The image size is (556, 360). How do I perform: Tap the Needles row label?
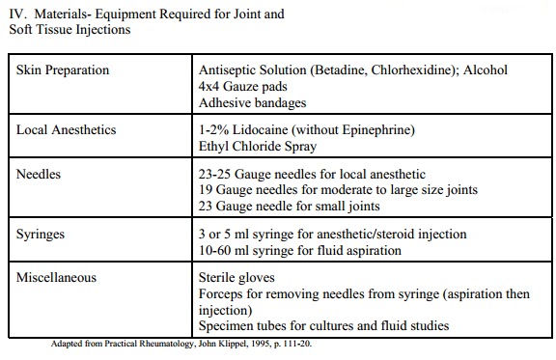(40, 174)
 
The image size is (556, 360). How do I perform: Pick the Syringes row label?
(42, 235)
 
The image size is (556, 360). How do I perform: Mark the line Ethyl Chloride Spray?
(258, 145)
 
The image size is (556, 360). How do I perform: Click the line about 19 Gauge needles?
(327, 189)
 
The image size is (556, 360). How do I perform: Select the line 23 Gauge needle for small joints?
(289, 205)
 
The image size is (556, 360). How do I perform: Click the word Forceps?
(222, 293)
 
